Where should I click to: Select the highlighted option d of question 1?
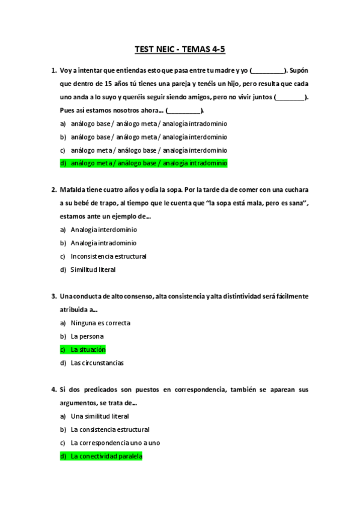(148, 163)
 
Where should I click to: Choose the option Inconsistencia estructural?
(108, 256)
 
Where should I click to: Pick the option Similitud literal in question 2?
(93, 269)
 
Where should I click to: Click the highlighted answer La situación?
(88, 349)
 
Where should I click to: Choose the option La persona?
(87, 336)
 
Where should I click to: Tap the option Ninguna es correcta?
(100, 323)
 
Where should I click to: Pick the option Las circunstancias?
(97, 363)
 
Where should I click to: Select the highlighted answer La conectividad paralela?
(106, 456)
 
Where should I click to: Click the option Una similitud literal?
(100, 416)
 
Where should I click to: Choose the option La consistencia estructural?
(110, 429)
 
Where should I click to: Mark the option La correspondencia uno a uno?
(115, 443)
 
